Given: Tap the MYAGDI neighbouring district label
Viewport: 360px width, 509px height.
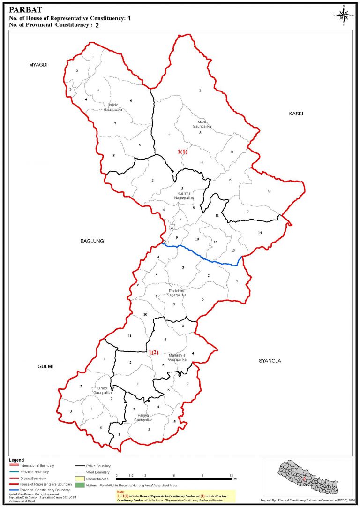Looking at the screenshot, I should pyautogui.click(x=38, y=65).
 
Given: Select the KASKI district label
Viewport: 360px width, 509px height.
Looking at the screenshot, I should pyautogui.click(x=296, y=114).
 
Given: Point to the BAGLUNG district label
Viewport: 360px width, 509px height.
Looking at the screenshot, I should pyautogui.click(x=91, y=241).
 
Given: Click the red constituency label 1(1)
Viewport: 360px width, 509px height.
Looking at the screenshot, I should pyautogui.click(x=182, y=152).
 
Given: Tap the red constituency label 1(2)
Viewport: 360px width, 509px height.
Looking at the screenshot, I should pyautogui.click(x=154, y=352).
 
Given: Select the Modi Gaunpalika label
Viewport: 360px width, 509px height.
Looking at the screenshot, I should pyautogui.click(x=202, y=124).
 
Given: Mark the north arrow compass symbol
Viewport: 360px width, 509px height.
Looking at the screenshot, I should pyautogui.click(x=344, y=15).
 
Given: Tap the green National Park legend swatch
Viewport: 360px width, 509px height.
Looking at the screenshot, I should pyautogui.click(x=80, y=485).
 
